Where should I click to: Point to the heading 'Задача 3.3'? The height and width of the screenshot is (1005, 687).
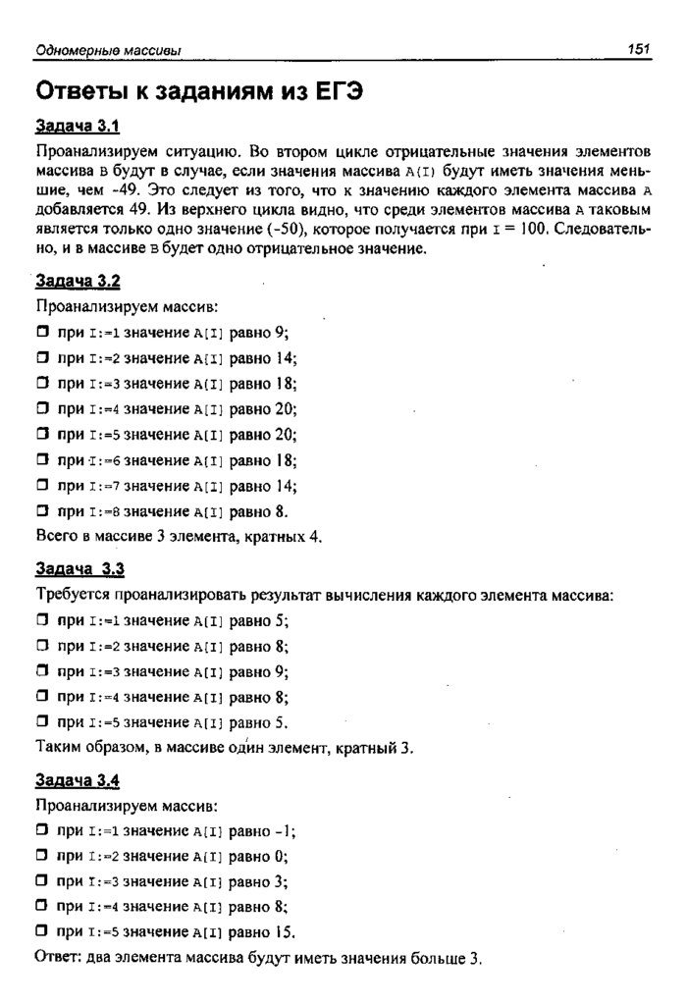tap(79, 569)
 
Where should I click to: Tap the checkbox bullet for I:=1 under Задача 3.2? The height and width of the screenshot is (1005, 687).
tap(42, 333)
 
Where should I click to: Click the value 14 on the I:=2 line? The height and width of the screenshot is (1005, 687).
tap(287, 358)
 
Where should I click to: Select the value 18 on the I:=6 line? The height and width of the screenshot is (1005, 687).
tap(287, 460)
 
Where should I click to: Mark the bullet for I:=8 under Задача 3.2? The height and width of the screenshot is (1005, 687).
tap(42, 511)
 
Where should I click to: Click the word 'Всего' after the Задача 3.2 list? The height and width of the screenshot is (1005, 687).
tap(55, 537)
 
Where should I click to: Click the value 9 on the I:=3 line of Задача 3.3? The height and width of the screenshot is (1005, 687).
tap(283, 672)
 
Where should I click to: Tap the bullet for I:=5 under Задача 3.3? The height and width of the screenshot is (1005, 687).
tap(42, 723)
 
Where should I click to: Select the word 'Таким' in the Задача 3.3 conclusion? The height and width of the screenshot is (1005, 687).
tap(58, 749)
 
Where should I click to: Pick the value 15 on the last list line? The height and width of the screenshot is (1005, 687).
tap(287, 932)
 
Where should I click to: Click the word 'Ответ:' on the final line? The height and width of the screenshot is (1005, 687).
tap(57, 958)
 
